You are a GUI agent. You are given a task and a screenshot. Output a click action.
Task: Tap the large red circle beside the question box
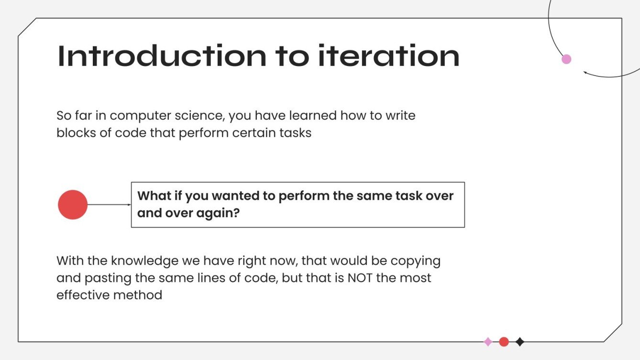pos(73,205)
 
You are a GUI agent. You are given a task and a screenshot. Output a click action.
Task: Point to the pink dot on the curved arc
pos(566,59)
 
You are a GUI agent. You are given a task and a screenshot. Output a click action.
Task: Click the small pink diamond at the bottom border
pos(488,342)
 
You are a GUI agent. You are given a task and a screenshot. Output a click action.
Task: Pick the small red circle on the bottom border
pos(504,342)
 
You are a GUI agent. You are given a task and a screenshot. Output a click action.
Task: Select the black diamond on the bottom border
pos(520,342)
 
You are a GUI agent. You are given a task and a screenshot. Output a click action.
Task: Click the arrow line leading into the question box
pos(109,205)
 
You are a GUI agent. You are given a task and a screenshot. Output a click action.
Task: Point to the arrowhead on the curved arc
pos(585,73)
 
